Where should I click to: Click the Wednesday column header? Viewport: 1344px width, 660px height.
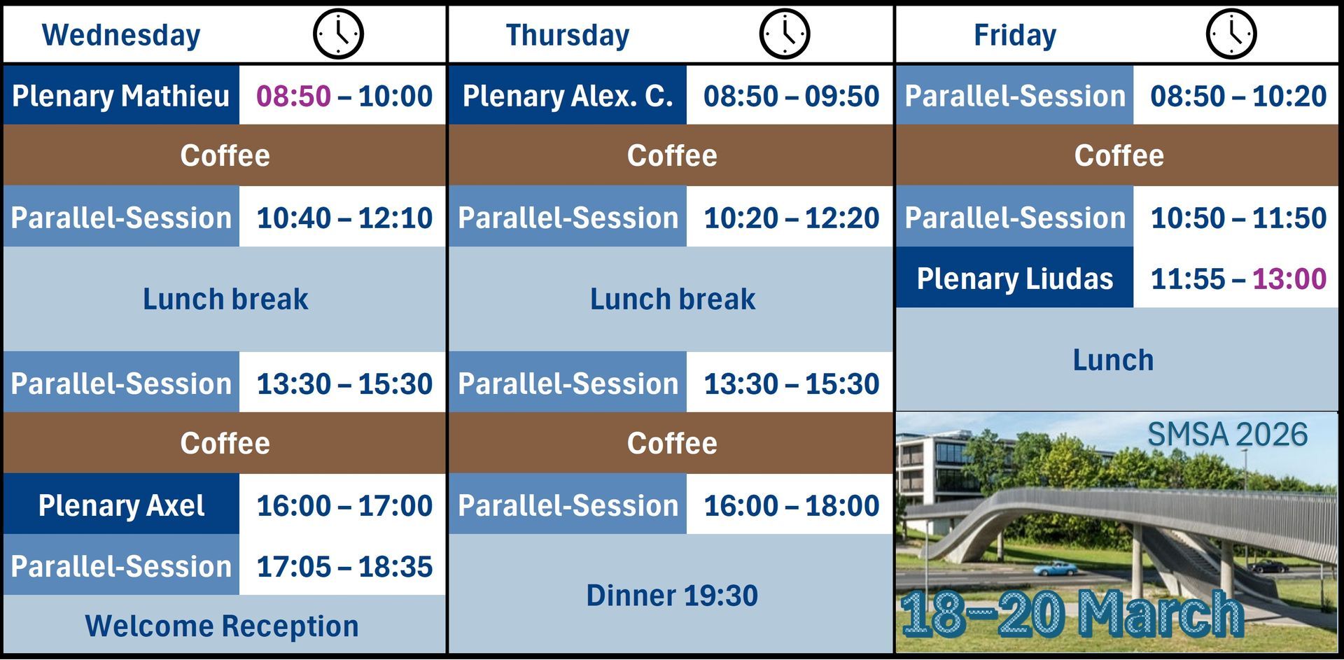[x=121, y=35]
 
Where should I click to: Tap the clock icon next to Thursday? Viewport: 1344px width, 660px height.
[x=785, y=34]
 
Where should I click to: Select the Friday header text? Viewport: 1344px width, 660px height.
[x=1015, y=35]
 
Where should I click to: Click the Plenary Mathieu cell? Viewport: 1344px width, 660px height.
[x=121, y=95]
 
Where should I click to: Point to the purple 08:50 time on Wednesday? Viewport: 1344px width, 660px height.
[x=293, y=96]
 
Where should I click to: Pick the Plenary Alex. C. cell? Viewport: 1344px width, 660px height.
[x=568, y=95]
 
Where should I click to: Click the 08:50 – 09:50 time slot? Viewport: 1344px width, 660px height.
[x=791, y=96]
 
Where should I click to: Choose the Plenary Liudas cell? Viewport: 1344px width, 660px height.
[x=1015, y=278]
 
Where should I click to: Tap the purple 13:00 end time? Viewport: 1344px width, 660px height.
[x=1289, y=279]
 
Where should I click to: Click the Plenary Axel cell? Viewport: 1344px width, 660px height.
[x=121, y=505]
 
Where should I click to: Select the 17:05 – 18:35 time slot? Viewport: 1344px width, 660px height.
[x=344, y=566]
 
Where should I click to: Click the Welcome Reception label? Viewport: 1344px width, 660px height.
[x=222, y=626]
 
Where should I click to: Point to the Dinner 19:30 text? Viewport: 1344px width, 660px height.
[x=672, y=596]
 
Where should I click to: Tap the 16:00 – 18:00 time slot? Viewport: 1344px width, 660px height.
[x=791, y=505]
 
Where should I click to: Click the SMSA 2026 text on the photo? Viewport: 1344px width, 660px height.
[x=1227, y=435]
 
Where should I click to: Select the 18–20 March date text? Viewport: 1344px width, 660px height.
[x=1072, y=614]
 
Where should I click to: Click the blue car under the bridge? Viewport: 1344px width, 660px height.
[x=1056, y=568]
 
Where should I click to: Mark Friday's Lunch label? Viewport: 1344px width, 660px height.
[x=1113, y=360]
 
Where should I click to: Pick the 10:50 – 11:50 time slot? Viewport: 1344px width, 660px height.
[x=1238, y=218]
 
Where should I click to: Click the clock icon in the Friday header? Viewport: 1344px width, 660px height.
[x=1231, y=34]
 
